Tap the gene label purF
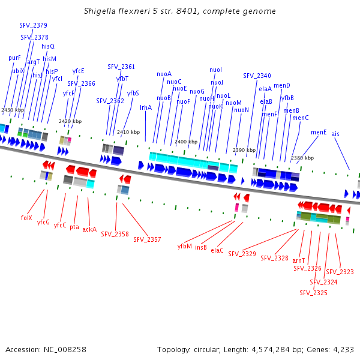[x=14, y=58]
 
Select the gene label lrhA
[x=146, y=107]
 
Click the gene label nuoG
[x=197, y=91]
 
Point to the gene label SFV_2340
[x=257, y=76]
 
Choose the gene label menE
[x=319, y=132]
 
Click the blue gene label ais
[x=335, y=134]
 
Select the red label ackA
[x=89, y=229]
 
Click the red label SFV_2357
[x=147, y=239]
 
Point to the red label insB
[x=201, y=247]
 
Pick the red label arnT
[x=299, y=260]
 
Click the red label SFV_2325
[x=313, y=293]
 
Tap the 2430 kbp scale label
[x=13, y=110]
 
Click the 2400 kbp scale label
[x=185, y=142]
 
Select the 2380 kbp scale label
[x=301, y=158]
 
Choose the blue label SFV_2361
[x=121, y=67]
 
